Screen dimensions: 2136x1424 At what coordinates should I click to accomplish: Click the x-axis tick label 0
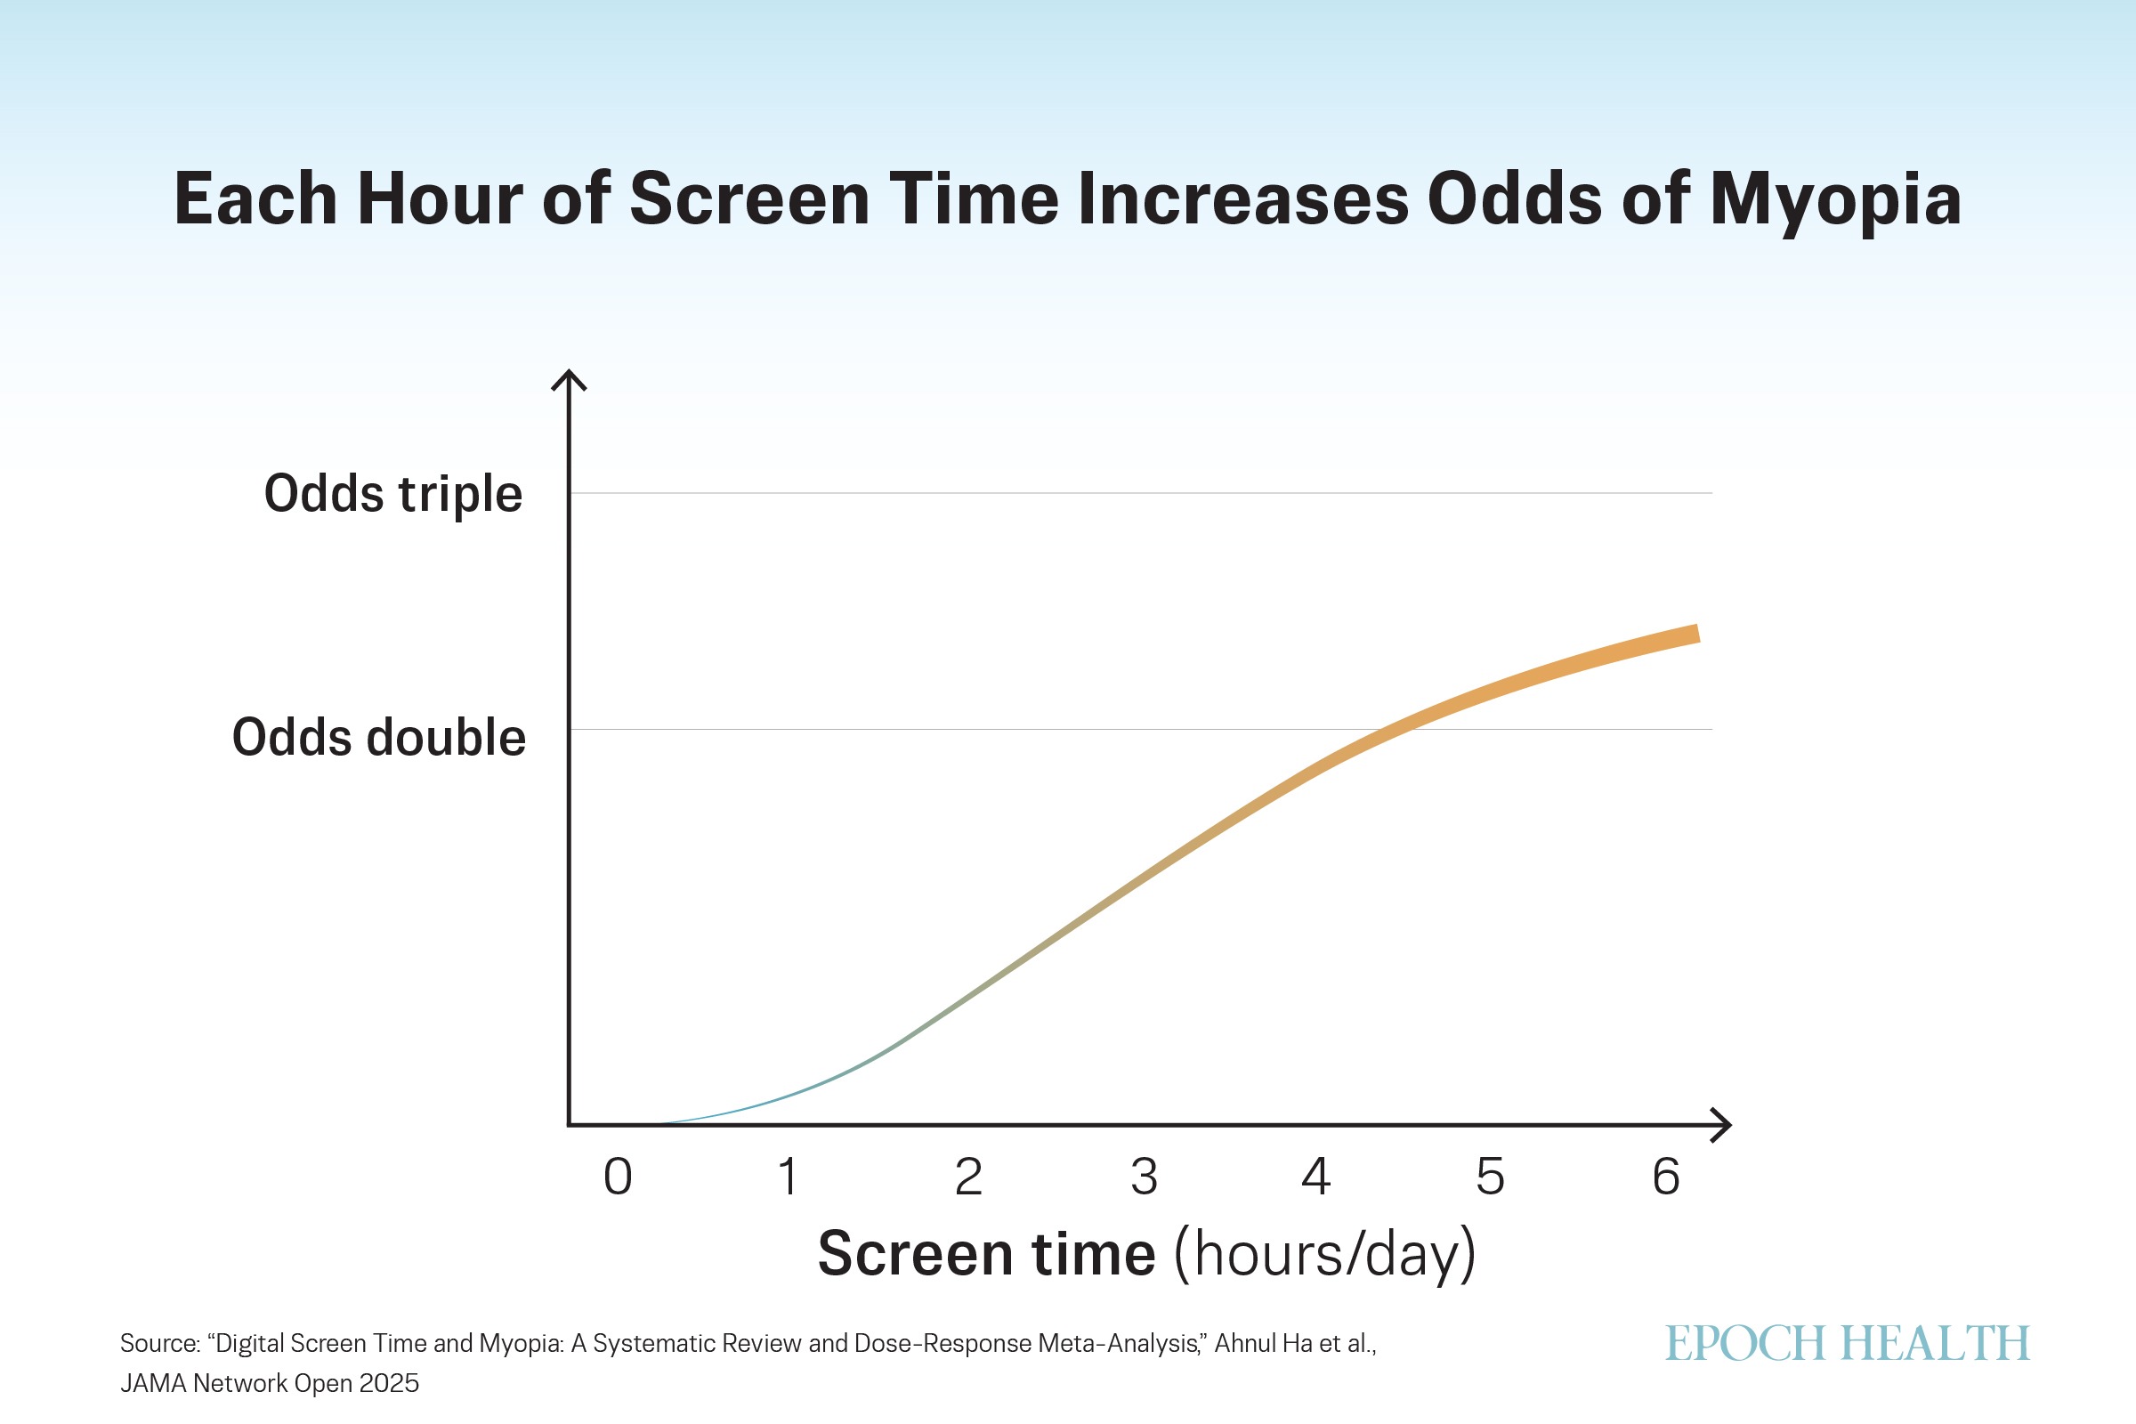click(618, 1176)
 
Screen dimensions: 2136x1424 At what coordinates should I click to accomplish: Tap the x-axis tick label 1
click(789, 1176)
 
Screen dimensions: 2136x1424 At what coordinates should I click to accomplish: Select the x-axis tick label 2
click(968, 1176)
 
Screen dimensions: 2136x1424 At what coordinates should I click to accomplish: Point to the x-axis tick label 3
click(1145, 1176)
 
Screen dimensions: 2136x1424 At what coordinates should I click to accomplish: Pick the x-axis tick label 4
click(1316, 1176)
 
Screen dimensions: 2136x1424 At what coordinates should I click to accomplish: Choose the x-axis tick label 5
click(1490, 1176)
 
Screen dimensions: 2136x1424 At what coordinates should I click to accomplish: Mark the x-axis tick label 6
click(1665, 1176)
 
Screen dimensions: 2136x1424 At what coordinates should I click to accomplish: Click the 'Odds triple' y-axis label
click(393, 495)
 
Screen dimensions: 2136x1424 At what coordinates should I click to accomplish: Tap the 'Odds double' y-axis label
click(379, 737)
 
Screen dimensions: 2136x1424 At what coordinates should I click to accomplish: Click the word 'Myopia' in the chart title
click(1835, 202)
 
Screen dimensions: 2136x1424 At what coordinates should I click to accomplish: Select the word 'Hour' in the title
click(440, 198)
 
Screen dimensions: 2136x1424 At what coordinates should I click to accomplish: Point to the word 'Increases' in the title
click(1243, 198)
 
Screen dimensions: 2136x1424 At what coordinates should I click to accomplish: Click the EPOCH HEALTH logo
click(1848, 1343)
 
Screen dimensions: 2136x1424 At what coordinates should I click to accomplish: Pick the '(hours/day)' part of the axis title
click(1325, 1255)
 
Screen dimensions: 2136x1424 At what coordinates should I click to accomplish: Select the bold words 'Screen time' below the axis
click(986, 1253)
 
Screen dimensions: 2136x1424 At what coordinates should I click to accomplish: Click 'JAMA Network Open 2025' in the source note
click(270, 1383)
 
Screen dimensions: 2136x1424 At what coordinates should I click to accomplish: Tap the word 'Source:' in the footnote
click(160, 1343)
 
